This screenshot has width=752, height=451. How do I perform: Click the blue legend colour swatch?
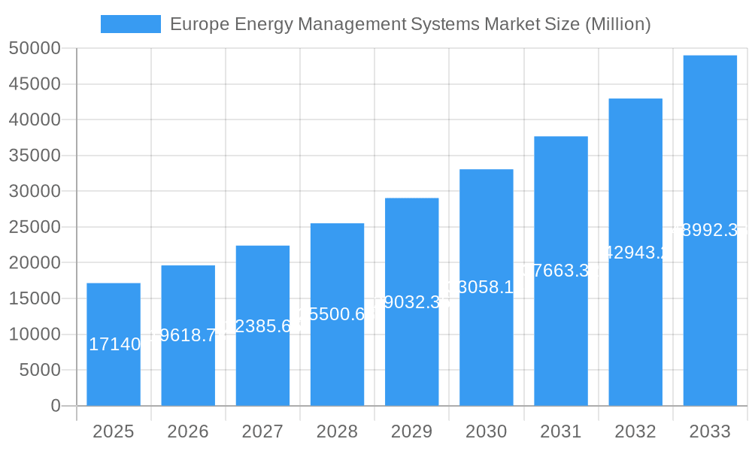(x=131, y=24)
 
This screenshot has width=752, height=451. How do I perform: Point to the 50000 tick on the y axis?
(x=35, y=49)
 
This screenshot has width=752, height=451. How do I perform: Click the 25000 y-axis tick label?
(x=35, y=227)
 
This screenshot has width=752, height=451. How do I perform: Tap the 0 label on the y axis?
(x=56, y=406)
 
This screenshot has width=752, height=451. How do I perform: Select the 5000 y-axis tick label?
(x=39, y=370)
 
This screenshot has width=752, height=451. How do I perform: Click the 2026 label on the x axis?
(x=188, y=431)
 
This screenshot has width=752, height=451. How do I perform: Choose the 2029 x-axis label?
(x=411, y=431)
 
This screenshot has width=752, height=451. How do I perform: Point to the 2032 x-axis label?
(x=635, y=431)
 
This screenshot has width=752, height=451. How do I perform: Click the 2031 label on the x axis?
(x=561, y=431)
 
